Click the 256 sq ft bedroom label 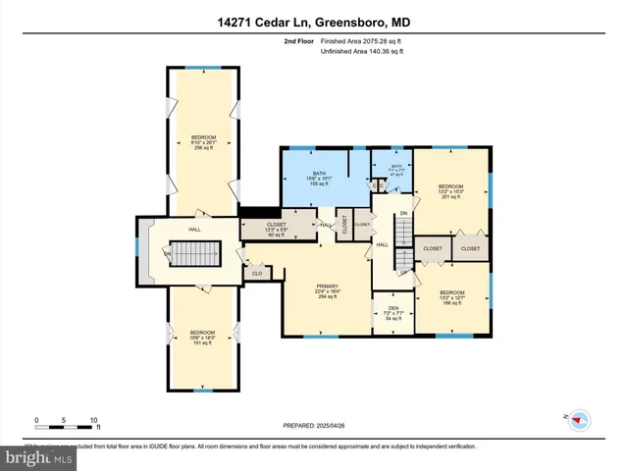(203, 141)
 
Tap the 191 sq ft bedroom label (203, 339)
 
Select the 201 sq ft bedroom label (450, 190)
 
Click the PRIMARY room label (327, 290)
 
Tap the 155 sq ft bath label (320, 178)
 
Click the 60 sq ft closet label (276, 230)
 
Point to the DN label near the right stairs (402, 213)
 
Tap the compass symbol (576, 419)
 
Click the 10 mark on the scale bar (95, 420)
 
